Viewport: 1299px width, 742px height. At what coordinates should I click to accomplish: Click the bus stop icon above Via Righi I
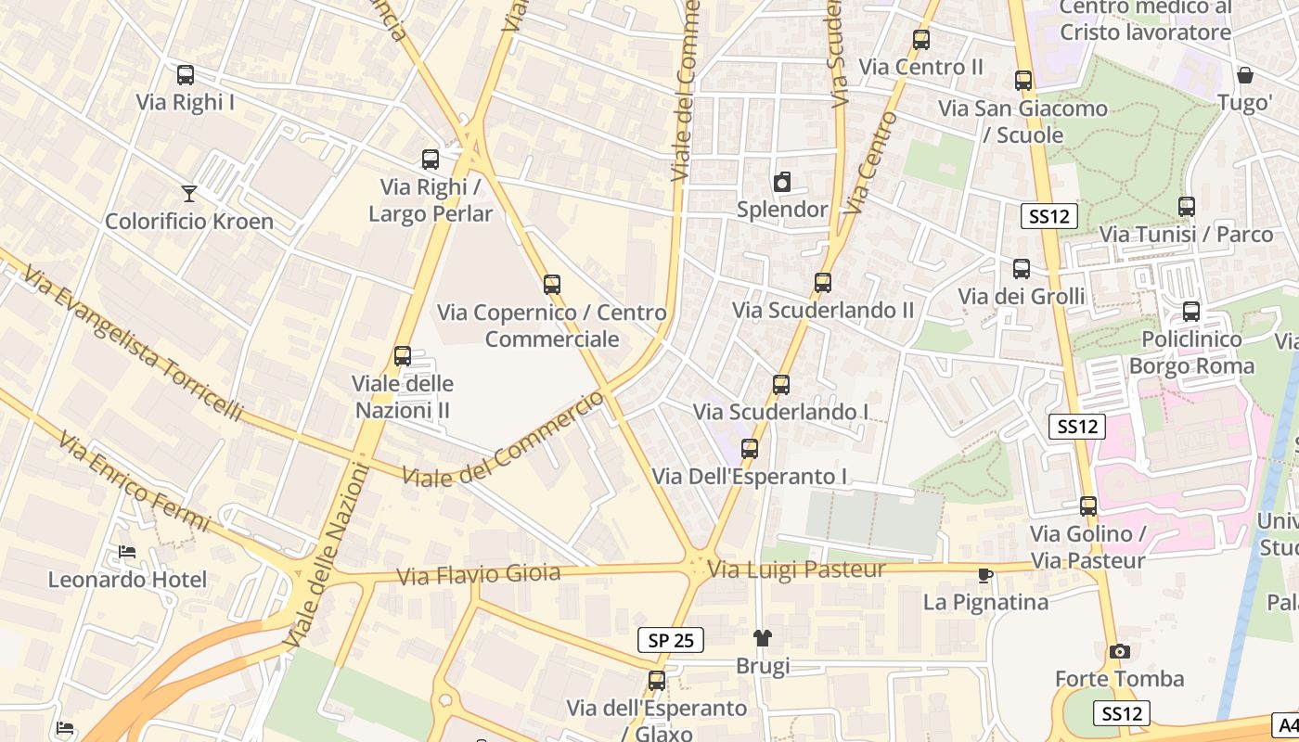coord(186,75)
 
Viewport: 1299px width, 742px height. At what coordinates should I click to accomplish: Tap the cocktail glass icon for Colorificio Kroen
coord(189,193)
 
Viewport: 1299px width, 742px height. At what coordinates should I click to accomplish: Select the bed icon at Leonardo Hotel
coord(127,552)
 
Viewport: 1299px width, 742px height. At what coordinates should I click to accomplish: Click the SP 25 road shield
coord(671,639)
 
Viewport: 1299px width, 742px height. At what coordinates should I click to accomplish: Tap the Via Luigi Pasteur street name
coord(797,569)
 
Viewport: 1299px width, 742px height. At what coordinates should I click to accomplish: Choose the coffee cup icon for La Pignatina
coord(985,575)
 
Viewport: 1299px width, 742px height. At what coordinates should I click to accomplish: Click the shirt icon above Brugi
coord(763,637)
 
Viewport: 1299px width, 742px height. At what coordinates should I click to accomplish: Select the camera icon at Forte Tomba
coord(1120,651)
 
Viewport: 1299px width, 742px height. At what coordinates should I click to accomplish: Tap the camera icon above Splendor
coord(782,182)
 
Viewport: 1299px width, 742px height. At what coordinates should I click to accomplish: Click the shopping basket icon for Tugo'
coord(1244,75)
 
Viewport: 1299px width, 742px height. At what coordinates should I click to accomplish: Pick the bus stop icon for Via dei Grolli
coord(1022,269)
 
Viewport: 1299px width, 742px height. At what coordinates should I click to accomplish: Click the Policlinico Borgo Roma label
coord(1191,352)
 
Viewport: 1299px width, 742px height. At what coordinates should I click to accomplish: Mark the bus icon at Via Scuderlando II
coord(823,283)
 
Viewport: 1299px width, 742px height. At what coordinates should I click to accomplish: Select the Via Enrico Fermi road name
coord(135,481)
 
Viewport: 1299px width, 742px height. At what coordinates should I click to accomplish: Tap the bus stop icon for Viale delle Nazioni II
coord(403,356)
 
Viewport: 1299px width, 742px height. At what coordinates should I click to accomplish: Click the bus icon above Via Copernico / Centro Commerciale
coord(552,285)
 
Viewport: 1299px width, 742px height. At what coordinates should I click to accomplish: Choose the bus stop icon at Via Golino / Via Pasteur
coord(1088,506)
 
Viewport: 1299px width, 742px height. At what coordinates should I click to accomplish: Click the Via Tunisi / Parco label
coord(1186,235)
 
